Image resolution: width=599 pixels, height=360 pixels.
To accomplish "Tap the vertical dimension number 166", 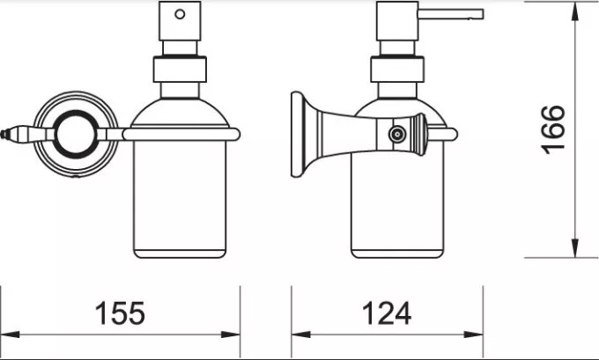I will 552,129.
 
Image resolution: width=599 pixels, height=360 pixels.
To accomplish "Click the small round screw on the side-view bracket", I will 397,135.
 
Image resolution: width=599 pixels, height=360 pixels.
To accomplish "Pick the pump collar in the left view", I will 181,70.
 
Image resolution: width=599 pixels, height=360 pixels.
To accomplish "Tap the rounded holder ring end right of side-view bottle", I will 454,135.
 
